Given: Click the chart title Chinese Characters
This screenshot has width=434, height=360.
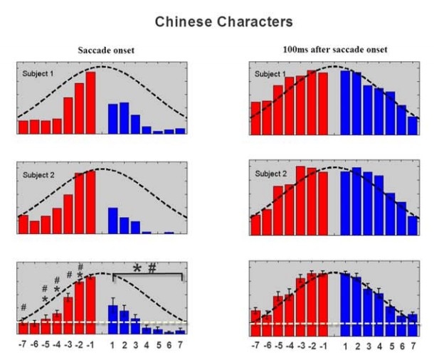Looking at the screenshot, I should (x=216, y=23).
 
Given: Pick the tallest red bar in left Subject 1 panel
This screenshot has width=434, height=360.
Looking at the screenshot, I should (x=90, y=102).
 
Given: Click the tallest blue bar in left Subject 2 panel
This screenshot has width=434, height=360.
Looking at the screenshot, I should (x=112, y=220).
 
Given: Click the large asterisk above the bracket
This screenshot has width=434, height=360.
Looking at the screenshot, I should (x=137, y=269).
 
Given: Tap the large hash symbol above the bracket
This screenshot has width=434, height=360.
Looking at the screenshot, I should (x=152, y=268).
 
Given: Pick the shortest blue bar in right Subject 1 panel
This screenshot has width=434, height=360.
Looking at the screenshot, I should (x=413, y=125).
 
